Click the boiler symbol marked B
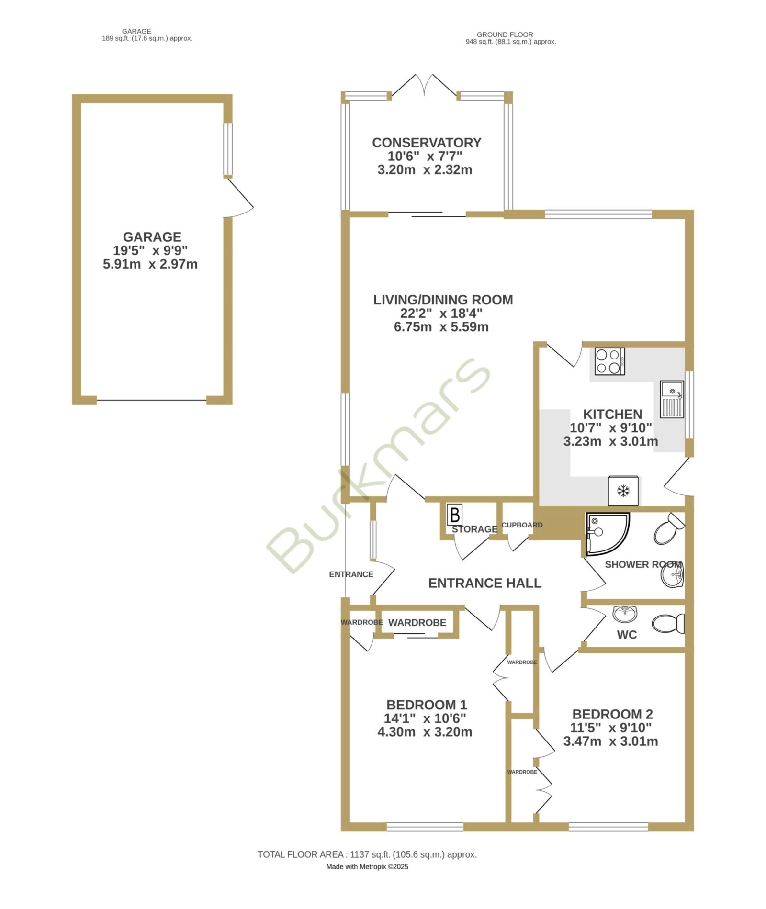(x=454, y=515)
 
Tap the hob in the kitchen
(x=609, y=361)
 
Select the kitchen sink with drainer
(x=672, y=399)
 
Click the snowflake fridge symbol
(x=623, y=491)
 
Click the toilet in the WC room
(x=668, y=624)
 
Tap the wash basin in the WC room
(x=625, y=613)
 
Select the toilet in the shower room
(x=669, y=528)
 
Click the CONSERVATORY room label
(x=427, y=143)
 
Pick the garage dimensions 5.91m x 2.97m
(x=150, y=264)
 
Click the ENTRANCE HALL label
(x=484, y=583)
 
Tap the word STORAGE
(x=474, y=529)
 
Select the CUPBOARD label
(x=522, y=525)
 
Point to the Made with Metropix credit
(x=367, y=866)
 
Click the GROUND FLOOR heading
(x=505, y=34)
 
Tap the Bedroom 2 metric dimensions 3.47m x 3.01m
(x=610, y=741)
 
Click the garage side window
(x=228, y=149)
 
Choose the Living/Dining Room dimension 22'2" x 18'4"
(x=441, y=313)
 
